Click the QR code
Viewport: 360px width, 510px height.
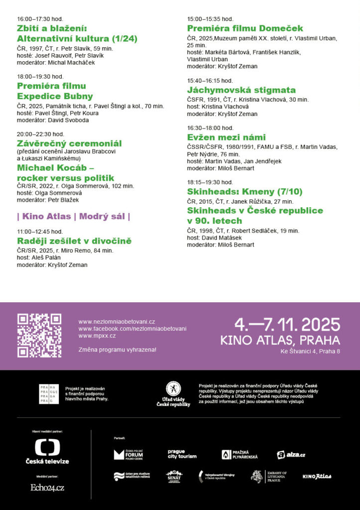[x=39, y=335]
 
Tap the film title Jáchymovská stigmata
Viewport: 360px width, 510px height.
[x=241, y=90]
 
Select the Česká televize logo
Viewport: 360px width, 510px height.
[x=47, y=451]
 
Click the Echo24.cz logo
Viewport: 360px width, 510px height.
[x=47, y=488]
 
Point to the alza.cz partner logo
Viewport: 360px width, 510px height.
[x=291, y=455]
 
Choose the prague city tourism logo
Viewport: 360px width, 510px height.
[x=182, y=454]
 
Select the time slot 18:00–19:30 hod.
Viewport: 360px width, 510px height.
[x=40, y=77]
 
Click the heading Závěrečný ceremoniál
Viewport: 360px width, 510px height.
[x=69, y=143]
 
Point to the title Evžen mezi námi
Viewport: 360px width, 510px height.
[x=226, y=137]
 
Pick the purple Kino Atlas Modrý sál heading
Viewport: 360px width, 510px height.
[x=74, y=216]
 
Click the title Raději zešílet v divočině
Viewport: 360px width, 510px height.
[x=74, y=241]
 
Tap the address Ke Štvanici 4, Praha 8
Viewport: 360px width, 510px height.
[x=310, y=352]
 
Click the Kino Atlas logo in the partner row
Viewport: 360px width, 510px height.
[x=317, y=477]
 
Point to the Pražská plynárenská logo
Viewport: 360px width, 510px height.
[x=240, y=455]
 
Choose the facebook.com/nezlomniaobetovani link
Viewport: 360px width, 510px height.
[x=132, y=329]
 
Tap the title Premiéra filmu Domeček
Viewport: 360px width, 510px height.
[x=244, y=28]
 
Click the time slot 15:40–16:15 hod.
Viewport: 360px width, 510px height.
[x=210, y=81]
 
